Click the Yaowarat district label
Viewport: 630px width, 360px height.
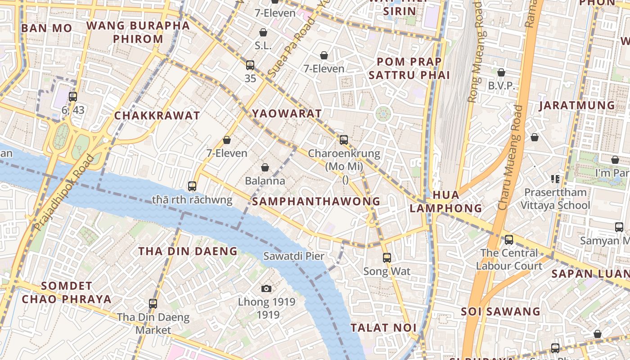click(x=287, y=113)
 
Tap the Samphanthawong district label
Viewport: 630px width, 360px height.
click(x=316, y=201)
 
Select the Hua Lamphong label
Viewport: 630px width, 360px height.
click(x=446, y=201)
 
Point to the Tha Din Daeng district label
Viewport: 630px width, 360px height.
click(x=188, y=251)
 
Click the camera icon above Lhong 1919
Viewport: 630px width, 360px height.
click(x=266, y=288)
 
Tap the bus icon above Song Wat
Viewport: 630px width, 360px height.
click(x=387, y=258)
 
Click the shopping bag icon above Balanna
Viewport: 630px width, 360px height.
click(x=265, y=167)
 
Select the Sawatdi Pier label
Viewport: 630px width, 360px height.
click(x=293, y=256)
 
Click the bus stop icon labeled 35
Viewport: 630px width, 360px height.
click(x=250, y=65)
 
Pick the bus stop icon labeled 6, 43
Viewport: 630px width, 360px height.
click(x=72, y=96)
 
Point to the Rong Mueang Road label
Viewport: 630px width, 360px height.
click(x=475, y=52)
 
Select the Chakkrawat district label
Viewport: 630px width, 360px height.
click(x=157, y=116)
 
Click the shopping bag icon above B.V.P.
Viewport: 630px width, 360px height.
click(x=501, y=72)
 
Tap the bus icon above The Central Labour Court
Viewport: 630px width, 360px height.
click(x=509, y=240)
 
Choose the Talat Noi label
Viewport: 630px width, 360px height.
click(x=383, y=328)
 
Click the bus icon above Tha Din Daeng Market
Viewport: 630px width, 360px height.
click(x=153, y=304)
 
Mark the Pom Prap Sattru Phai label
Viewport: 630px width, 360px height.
click(x=409, y=68)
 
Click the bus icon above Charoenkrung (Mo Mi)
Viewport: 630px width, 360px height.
click(x=344, y=140)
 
